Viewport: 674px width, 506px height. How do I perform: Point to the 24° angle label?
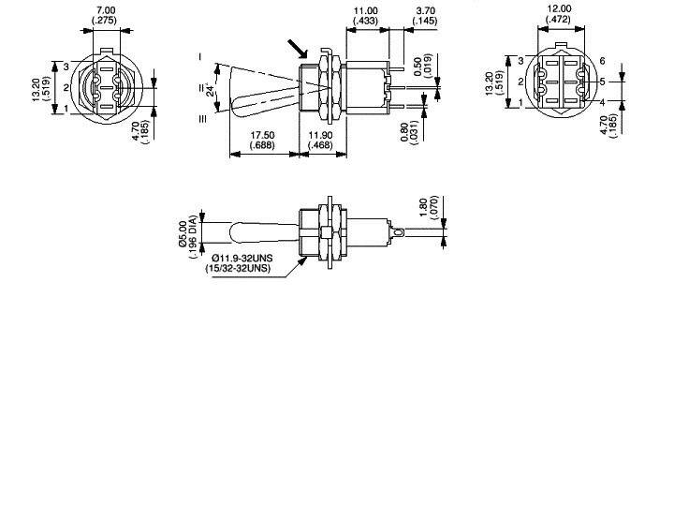tap(210, 90)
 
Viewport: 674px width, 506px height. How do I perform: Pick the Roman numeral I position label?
tap(199, 57)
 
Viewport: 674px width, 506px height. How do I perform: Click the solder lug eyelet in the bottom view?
tap(399, 231)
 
